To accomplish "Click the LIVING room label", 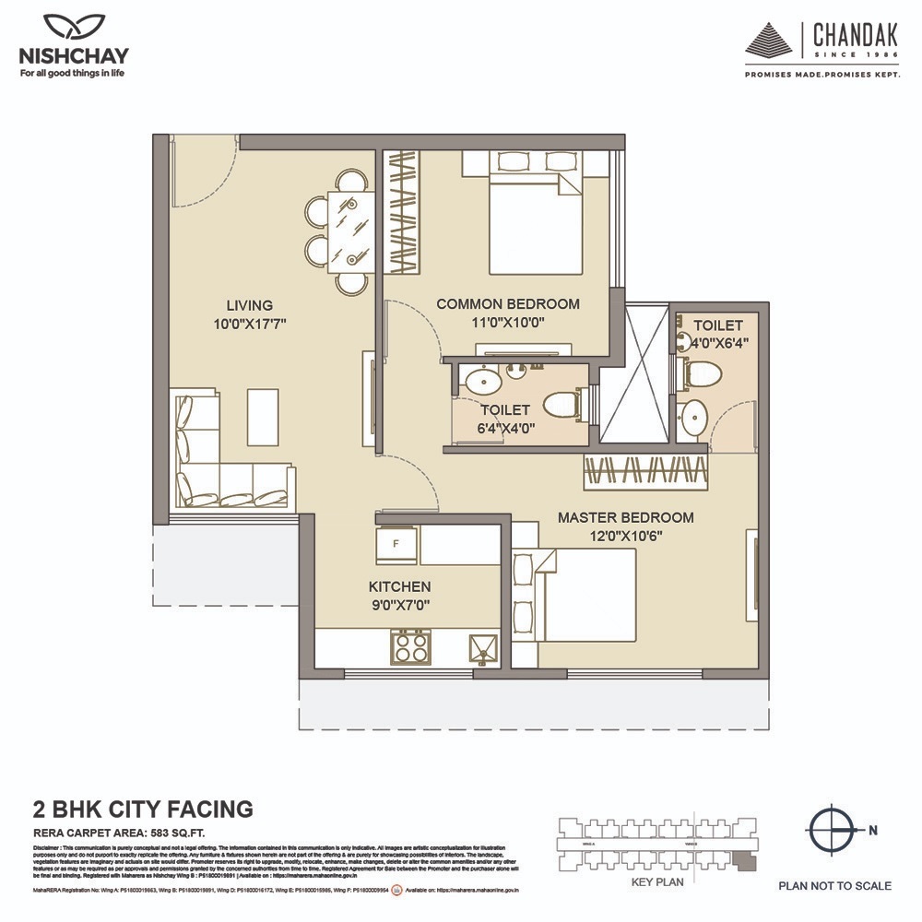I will (249, 305).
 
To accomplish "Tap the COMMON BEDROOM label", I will (507, 303).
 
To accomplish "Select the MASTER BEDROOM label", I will (625, 517).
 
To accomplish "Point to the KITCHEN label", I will (399, 586).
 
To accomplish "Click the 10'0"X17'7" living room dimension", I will (249, 324).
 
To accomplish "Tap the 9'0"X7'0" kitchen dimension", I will (399, 605).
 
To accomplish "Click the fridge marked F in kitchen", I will (396, 544).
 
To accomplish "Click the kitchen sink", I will (481, 648).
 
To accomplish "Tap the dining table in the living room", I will (349, 231).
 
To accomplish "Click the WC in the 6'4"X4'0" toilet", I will (561, 404).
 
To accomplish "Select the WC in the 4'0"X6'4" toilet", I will (703, 373).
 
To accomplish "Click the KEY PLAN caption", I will (656, 881).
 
